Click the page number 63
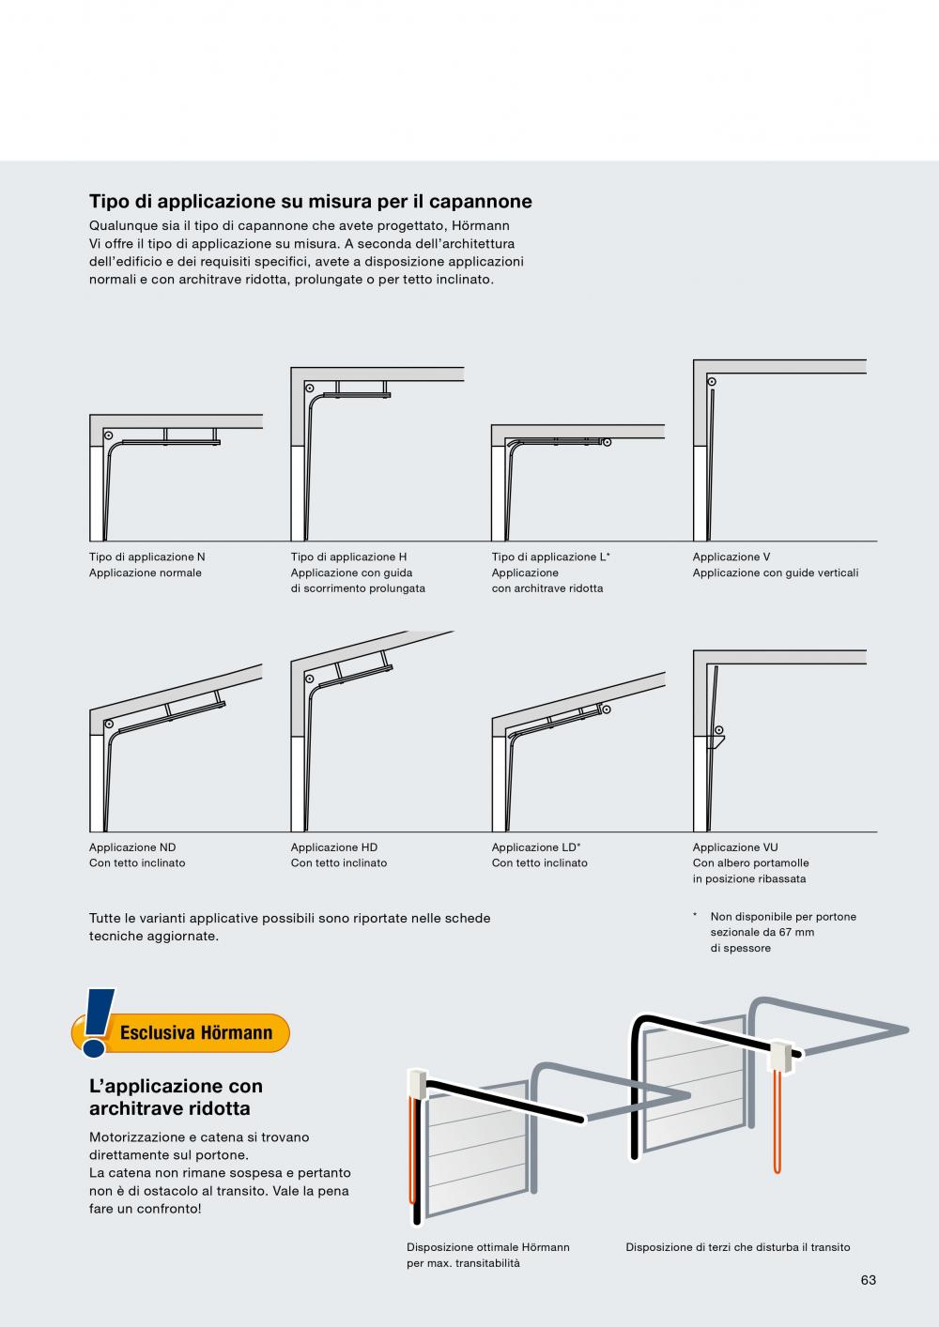(x=868, y=1280)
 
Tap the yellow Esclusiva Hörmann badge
(x=181, y=1032)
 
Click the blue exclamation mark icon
(x=98, y=1023)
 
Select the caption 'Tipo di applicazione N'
(x=147, y=557)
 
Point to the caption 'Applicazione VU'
(x=735, y=847)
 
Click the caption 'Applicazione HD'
(x=333, y=847)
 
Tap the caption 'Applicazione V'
(x=731, y=557)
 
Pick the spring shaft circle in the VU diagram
(x=718, y=730)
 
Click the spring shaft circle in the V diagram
(x=712, y=382)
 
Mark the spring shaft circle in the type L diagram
(x=607, y=442)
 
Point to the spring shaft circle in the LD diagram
(x=606, y=709)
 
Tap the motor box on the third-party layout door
(x=780, y=1057)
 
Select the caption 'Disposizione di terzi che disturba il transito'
(x=737, y=1247)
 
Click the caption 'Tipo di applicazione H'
(x=348, y=557)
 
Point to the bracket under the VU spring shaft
(x=716, y=742)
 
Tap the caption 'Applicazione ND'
(x=132, y=847)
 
